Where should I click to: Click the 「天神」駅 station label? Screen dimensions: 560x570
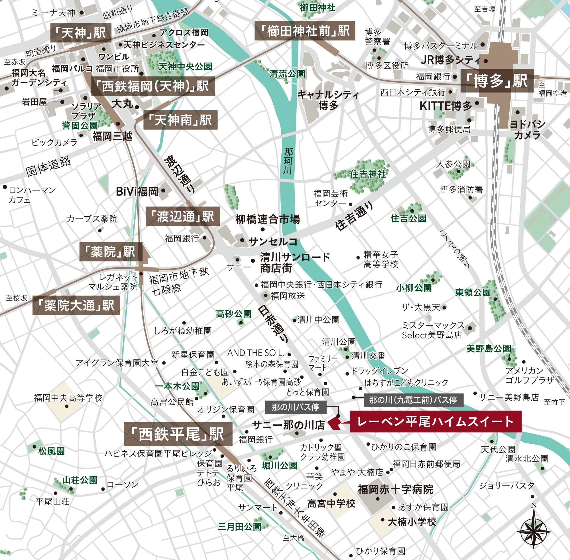(81, 33)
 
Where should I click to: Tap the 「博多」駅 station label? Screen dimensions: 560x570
(497, 81)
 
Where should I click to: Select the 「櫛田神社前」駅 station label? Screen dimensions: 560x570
(305, 31)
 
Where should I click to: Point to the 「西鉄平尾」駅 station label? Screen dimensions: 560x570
(178, 434)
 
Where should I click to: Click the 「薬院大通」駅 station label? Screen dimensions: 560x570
(76, 305)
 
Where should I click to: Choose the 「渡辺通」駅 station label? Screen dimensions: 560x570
(183, 216)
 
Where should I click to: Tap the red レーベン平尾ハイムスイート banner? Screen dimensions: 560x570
(435, 421)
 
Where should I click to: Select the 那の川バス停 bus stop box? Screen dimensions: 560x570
(296, 407)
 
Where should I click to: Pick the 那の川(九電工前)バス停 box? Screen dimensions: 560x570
(413, 400)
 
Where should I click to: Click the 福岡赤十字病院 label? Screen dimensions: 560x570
(395, 489)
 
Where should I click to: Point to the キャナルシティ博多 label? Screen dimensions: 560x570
(328, 100)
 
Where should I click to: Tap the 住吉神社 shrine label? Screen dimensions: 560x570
(367, 174)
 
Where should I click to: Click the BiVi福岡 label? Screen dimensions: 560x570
(137, 192)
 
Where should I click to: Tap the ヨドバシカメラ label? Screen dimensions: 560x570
(527, 129)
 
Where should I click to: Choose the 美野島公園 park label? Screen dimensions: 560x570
(488, 348)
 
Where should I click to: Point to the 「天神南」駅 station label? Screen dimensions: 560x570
(180, 120)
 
